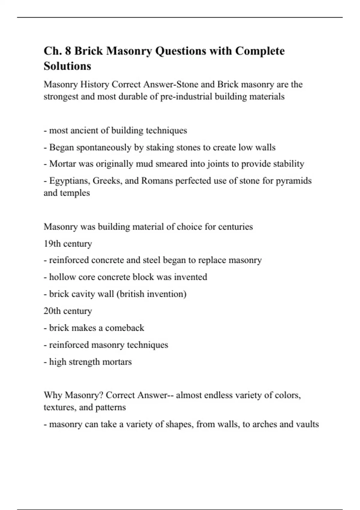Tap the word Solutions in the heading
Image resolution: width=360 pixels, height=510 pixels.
67,66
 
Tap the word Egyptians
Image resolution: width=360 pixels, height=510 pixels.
70,181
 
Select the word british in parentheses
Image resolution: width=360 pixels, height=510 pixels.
130,294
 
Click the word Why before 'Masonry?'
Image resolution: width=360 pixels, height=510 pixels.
53,395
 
